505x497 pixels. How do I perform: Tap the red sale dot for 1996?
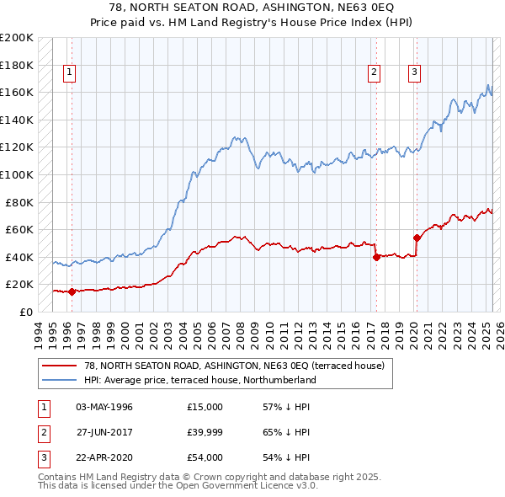72,292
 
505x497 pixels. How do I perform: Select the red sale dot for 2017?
376,258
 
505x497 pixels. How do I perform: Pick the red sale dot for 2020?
417,238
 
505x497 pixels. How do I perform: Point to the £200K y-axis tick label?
17,38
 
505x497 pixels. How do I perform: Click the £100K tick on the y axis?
17,175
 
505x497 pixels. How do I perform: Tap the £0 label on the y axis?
25,312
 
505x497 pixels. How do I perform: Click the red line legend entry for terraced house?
234,366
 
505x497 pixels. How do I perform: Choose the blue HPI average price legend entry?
199,380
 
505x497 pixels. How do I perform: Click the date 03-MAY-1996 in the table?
104,407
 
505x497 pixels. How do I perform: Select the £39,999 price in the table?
206,433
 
